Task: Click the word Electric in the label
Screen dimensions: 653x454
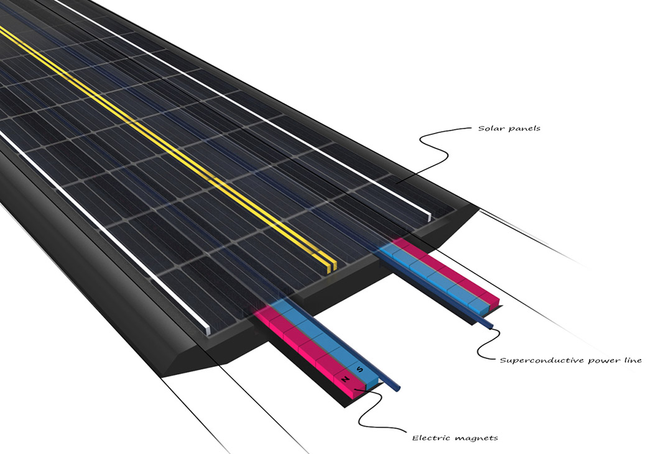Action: coord(431,437)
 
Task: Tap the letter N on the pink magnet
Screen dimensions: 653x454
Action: coord(345,379)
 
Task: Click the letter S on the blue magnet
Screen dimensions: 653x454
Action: coord(360,370)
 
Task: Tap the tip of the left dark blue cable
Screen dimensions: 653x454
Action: coord(399,388)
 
